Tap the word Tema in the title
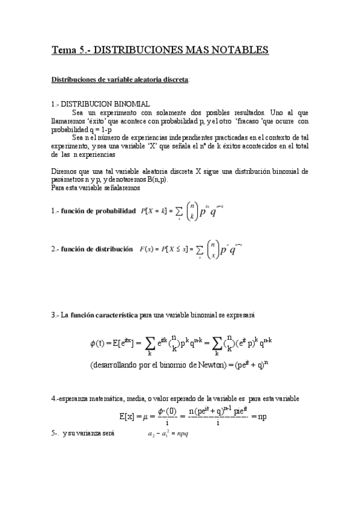pos(63,49)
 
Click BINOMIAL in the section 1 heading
pos(131,104)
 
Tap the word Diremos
pos(64,171)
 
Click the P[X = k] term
pos(152,211)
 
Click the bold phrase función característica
pos(104,315)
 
